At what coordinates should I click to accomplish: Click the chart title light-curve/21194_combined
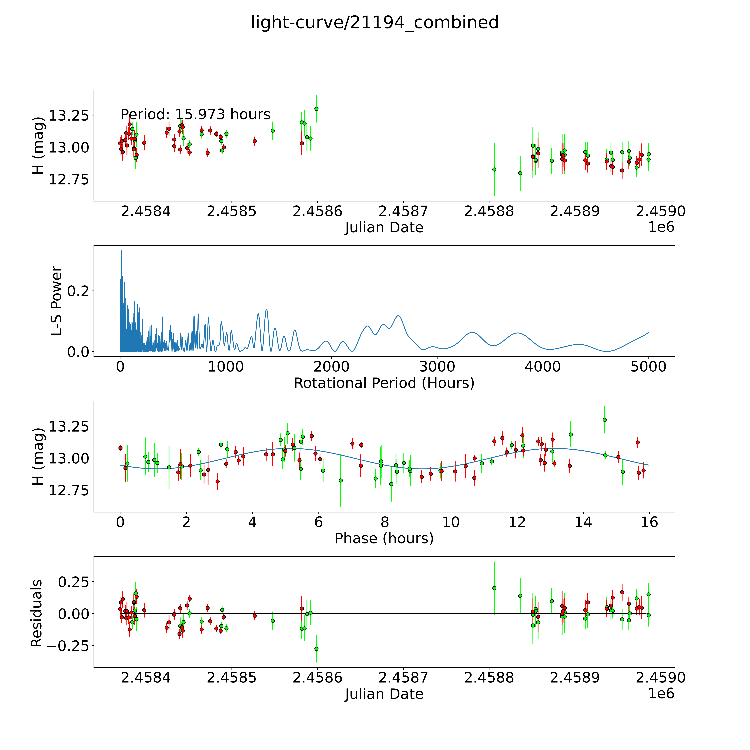coord(375,22)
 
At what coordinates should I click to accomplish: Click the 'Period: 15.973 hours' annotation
coord(195,115)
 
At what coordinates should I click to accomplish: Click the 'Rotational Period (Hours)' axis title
coord(384,383)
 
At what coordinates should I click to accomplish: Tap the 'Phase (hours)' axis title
coord(384,538)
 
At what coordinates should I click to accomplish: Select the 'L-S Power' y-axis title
coord(57,301)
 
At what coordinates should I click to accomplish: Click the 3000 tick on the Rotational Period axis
coord(437,367)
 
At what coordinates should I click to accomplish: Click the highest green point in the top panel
coord(316,109)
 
